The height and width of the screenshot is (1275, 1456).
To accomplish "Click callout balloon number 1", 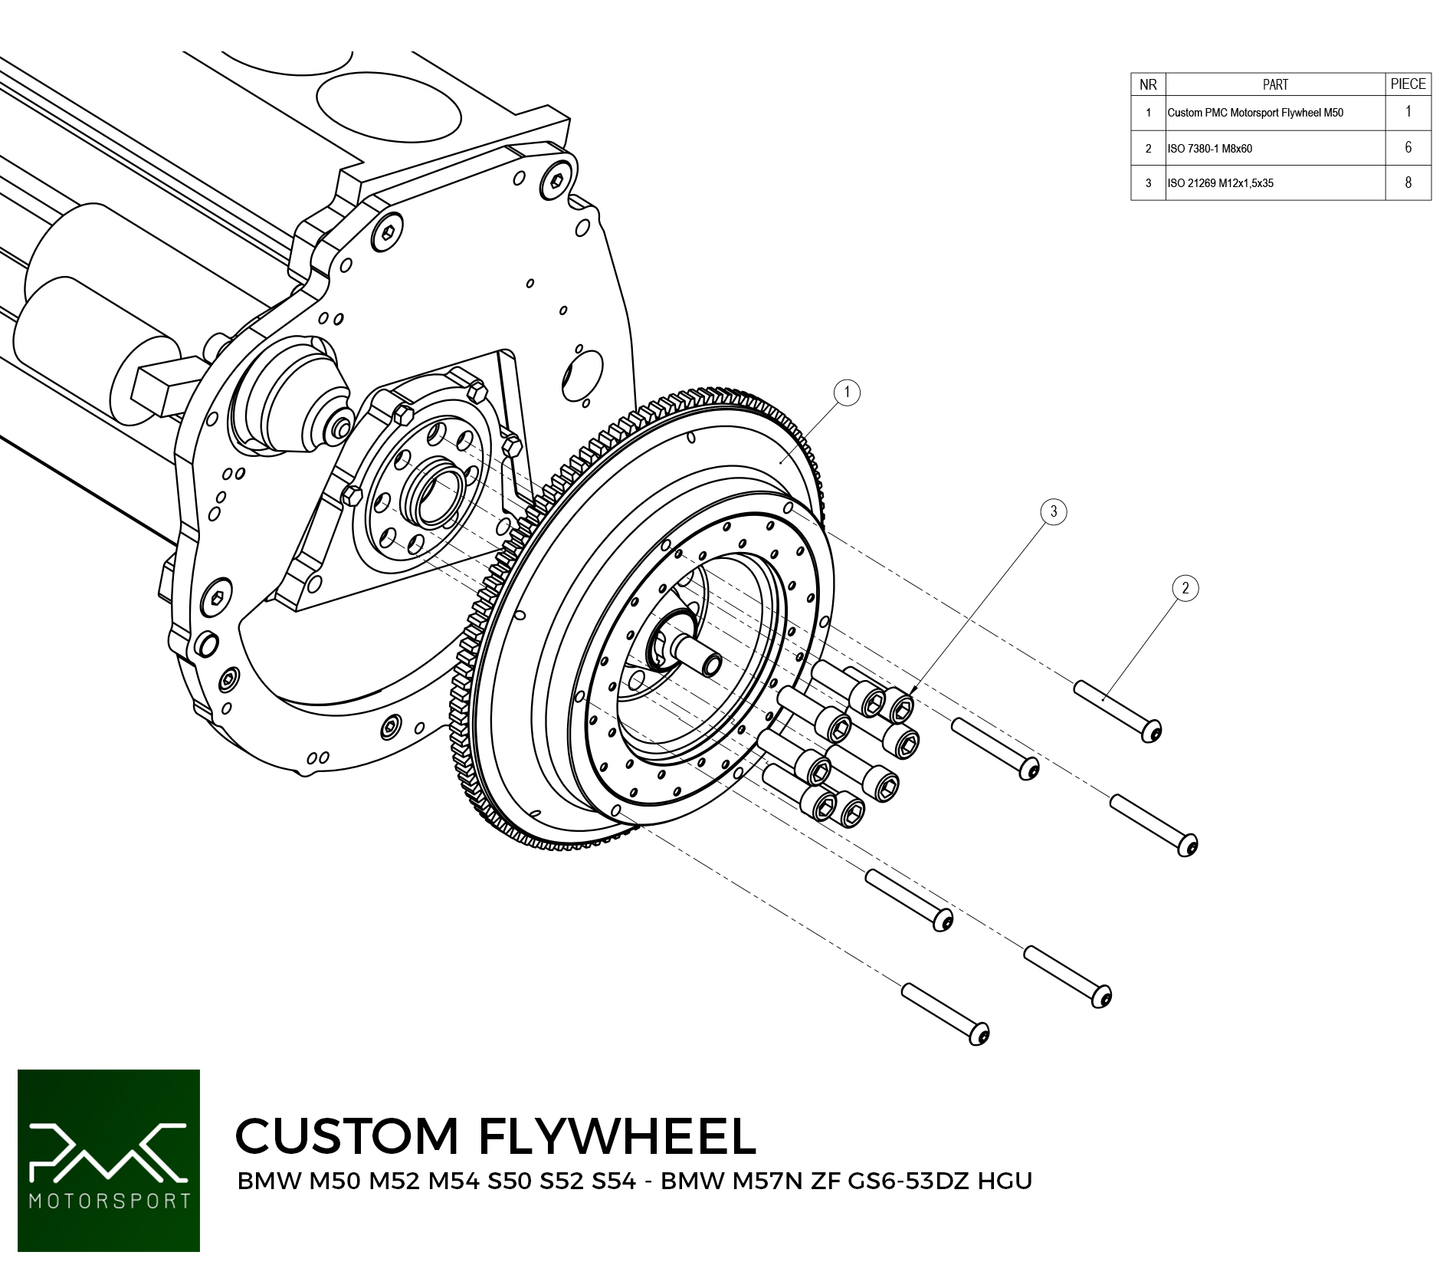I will [x=847, y=393].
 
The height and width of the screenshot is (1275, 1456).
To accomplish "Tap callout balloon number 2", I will [x=1185, y=588].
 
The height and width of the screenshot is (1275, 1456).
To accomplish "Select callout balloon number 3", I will [x=1054, y=511].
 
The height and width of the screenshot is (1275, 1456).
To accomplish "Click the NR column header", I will [x=1148, y=84].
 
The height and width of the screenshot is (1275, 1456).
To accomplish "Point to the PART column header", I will [x=1275, y=84].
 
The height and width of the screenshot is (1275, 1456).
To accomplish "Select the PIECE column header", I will [x=1408, y=84].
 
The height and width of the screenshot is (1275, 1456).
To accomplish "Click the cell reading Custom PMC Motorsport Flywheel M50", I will [x=1255, y=113].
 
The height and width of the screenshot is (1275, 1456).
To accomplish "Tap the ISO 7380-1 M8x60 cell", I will [x=1210, y=149].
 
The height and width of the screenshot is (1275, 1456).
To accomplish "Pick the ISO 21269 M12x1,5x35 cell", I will [x=1221, y=183].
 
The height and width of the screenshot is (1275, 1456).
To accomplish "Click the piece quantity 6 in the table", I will [x=1408, y=147].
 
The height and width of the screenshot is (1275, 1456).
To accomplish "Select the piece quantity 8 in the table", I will [x=1408, y=182].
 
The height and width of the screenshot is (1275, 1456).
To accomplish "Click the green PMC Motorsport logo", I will [x=109, y=1161].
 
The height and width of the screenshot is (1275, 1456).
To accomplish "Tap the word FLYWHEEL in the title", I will [x=618, y=1136].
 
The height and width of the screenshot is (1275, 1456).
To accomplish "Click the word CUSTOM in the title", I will [x=346, y=1136].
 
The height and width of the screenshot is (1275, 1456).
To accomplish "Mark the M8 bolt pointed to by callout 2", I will [x=1117, y=711].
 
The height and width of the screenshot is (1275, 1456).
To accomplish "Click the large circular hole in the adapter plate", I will [x=582, y=376].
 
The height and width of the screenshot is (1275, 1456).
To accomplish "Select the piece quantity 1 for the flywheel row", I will [x=1408, y=112].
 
